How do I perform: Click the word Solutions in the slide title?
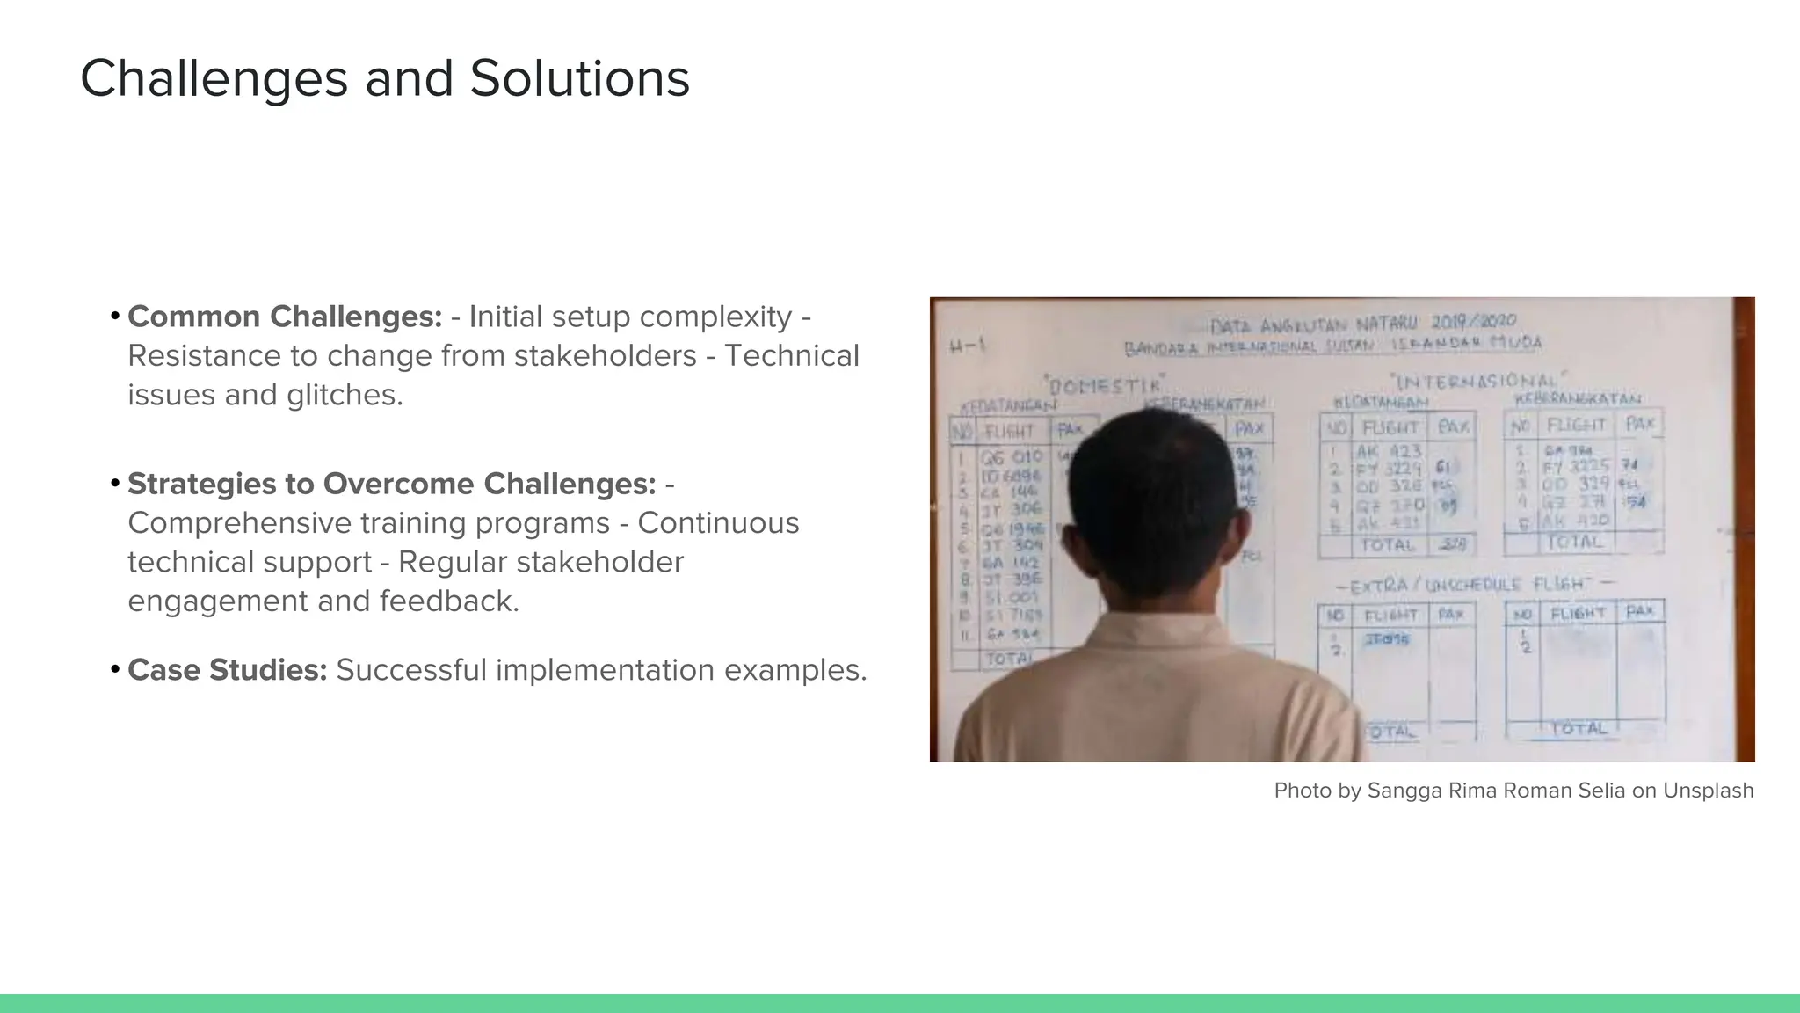tap(579, 79)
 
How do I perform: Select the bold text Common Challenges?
tap(285, 317)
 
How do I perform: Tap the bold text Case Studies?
tap(228, 670)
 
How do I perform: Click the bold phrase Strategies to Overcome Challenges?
tap(392, 484)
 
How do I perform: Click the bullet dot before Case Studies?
tap(115, 670)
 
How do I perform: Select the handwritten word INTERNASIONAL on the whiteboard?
tap(1475, 381)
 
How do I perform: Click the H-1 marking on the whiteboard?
tap(967, 346)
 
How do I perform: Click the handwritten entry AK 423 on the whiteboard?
tap(1389, 452)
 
